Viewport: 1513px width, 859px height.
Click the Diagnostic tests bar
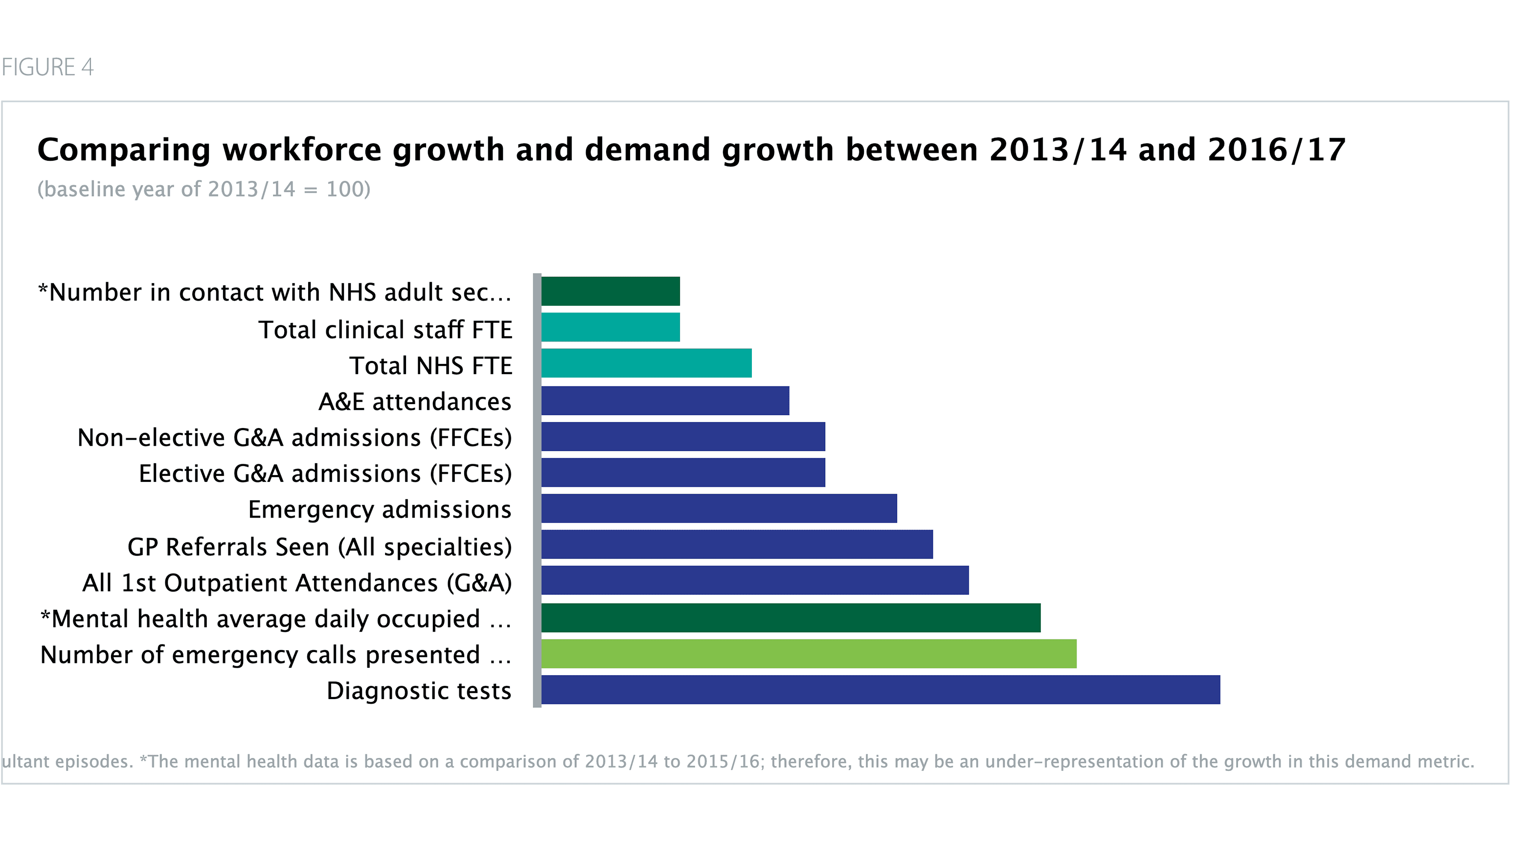pos(880,690)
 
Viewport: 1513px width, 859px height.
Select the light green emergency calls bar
pos(808,654)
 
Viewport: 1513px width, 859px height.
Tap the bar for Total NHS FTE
pos(646,363)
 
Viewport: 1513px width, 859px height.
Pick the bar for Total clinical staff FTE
pos(610,327)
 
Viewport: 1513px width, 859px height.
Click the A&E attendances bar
pos(665,401)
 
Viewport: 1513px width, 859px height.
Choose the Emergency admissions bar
pos(719,509)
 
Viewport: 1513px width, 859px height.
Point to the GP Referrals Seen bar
pos(737,544)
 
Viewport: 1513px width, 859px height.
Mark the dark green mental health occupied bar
pos(790,618)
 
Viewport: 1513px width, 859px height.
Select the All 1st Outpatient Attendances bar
pos(754,580)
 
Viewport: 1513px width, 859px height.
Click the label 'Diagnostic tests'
pos(419,691)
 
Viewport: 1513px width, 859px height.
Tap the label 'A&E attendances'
pos(415,402)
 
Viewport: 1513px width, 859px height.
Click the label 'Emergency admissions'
pos(379,510)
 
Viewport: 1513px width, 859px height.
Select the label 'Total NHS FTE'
pos(430,366)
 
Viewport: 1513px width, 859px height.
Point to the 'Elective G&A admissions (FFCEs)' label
pos(325,474)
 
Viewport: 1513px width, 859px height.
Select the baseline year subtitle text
pos(204,189)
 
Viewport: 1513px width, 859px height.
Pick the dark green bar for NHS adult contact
pos(610,291)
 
